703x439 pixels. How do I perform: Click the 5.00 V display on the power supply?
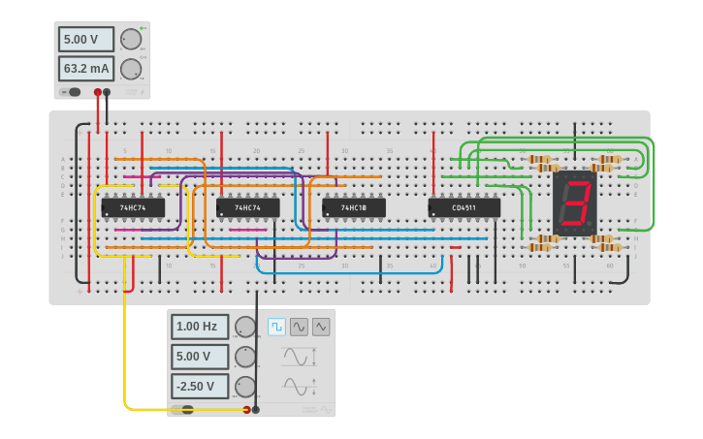86,40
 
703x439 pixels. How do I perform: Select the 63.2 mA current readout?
86,69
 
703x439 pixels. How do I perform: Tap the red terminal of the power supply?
97,92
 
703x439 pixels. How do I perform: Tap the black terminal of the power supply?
107,92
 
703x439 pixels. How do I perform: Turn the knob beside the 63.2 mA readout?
130,69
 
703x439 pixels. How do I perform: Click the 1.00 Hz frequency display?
201,327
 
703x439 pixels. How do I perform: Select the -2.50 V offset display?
201,387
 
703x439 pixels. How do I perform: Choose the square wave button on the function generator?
276,327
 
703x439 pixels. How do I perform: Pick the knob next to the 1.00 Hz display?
245,327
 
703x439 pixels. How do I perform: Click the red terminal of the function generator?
246,410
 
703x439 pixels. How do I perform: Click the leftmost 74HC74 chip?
133,207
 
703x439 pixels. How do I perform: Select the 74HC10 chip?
354,207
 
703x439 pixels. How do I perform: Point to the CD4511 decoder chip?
464,207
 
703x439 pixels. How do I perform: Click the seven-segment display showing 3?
575,204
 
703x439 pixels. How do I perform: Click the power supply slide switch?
72,92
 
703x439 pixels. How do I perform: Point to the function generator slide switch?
184,410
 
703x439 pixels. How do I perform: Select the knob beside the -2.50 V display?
245,387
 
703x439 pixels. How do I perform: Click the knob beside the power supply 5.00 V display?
130,40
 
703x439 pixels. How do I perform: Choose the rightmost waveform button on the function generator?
321,327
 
